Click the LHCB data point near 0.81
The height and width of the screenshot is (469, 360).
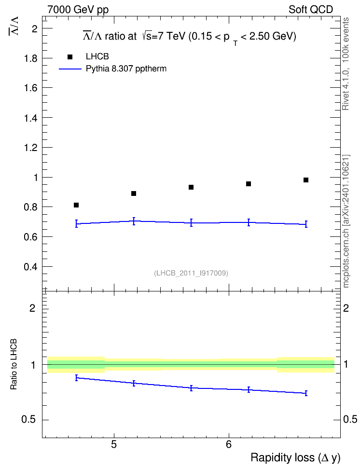pyautogui.click(x=76, y=205)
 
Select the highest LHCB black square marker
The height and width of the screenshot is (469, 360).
pyautogui.click(x=306, y=180)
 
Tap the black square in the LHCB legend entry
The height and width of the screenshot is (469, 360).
pyautogui.click(x=70, y=57)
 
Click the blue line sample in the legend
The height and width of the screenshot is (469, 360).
pyautogui.click(x=70, y=69)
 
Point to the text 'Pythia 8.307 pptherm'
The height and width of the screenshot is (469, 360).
pyautogui.click(x=126, y=69)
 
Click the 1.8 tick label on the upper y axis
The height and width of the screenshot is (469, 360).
pyautogui.click(x=31, y=58)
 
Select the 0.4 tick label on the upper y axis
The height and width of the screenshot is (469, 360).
pyautogui.click(x=31, y=266)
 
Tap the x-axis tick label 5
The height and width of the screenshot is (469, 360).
pyautogui.click(x=114, y=444)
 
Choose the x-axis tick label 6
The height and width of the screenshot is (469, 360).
pyautogui.click(x=229, y=444)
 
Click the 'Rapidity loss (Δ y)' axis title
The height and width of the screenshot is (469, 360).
pyautogui.click(x=295, y=457)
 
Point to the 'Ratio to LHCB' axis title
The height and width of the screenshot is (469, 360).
pyautogui.click(x=14, y=364)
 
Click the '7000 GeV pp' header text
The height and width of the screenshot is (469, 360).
pyautogui.click(x=78, y=10)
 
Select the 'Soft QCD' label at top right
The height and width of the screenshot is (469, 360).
pyautogui.click(x=311, y=10)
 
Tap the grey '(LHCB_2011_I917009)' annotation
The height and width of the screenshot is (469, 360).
pyautogui.click(x=191, y=273)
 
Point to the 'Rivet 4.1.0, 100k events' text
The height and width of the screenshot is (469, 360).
pyautogui.click(x=346, y=64)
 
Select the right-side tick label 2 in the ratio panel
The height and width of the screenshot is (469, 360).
pyautogui.click(x=346, y=308)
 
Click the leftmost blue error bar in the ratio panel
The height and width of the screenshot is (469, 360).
pyautogui.click(x=77, y=378)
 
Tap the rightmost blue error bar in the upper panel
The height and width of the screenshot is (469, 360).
pyautogui.click(x=306, y=224)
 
